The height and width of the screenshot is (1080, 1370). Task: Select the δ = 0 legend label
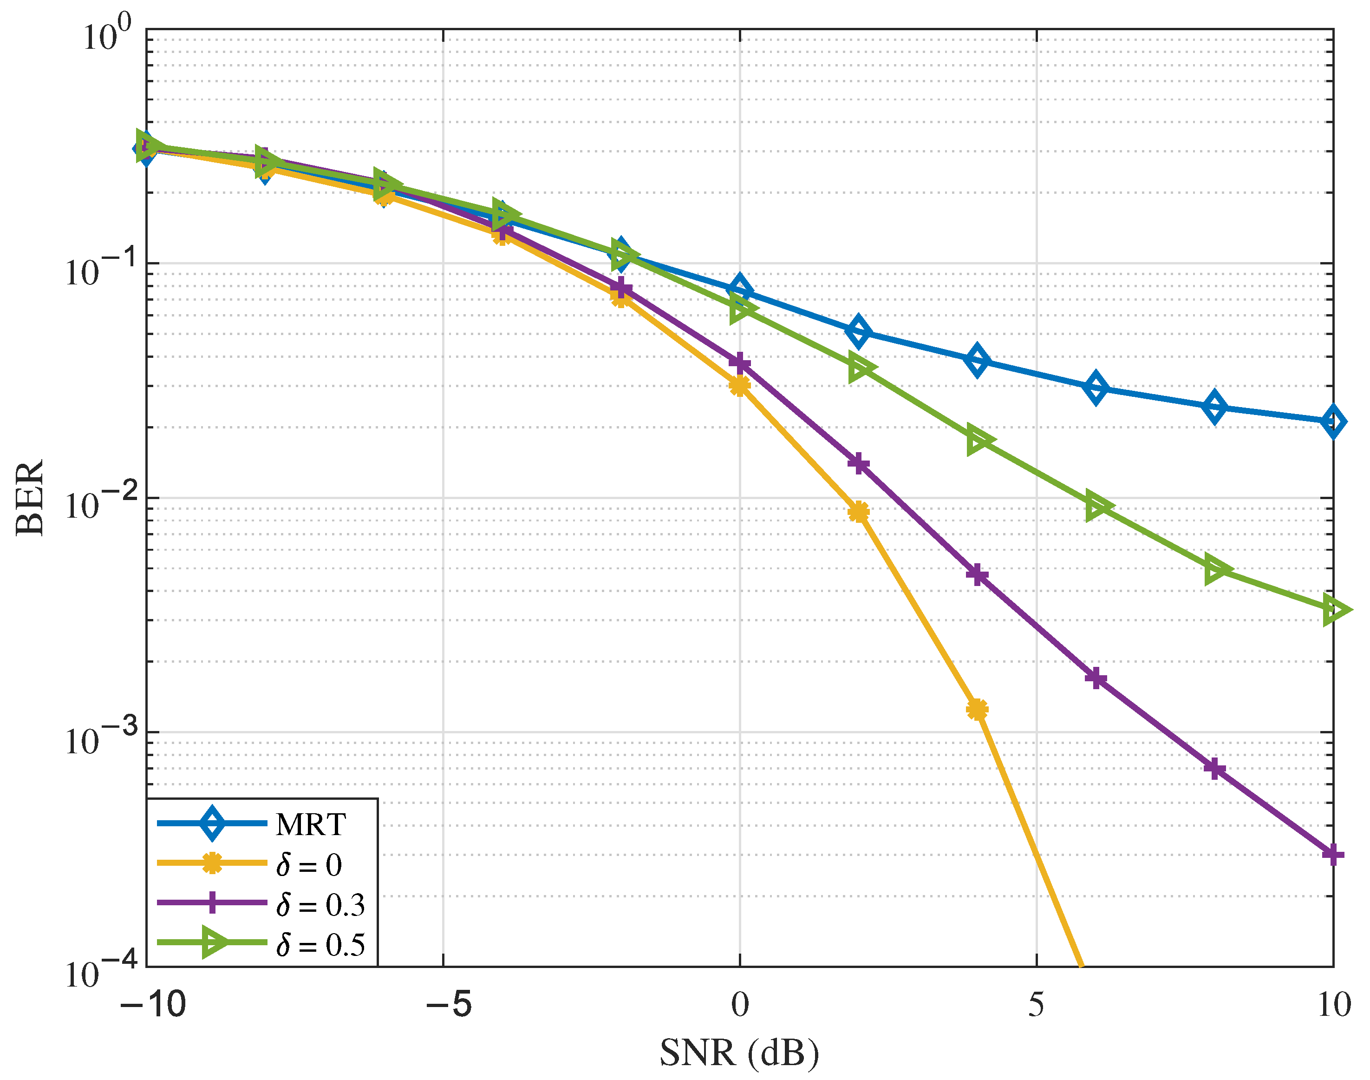(x=308, y=864)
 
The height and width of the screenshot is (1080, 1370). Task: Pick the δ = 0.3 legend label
(x=320, y=905)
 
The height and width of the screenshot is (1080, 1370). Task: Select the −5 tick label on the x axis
(x=448, y=1005)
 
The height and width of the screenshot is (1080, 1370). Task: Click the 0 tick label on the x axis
(x=739, y=1005)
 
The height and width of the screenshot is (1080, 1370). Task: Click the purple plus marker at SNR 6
(x=1096, y=678)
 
